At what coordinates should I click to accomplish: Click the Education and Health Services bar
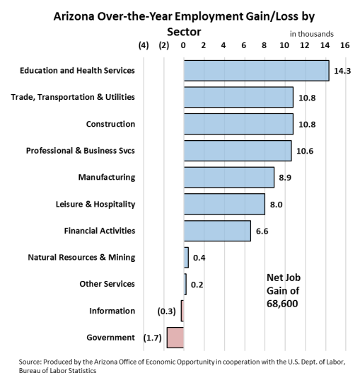pyautogui.click(x=257, y=71)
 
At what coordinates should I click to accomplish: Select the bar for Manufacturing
pyautogui.click(x=229, y=177)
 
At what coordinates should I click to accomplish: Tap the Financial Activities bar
pyautogui.click(x=217, y=231)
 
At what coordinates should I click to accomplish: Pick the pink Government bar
pyautogui.click(x=175, y=338)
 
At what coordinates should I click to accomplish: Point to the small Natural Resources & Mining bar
pyautogui.click(x=187, y=258)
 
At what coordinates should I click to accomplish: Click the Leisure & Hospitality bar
pyautogui.click(x=224, y=204)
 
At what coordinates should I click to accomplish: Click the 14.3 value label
pyautogui.click(x=342, y=71)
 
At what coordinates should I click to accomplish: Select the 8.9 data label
pyautogui.click(x=285, y=178)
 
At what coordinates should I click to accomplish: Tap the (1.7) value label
pyautogui.click(x=153, y=338)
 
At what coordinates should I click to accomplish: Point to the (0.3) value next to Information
pyautogui.click(x=167, y=311)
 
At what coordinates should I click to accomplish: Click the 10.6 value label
pyautogui.click(x=305, y=151)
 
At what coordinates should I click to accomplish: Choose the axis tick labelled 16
pyautogui.click(x=345, y=45)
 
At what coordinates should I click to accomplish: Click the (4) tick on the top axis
pyautogui.click(x=144, y=45)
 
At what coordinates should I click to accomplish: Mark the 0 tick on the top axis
pyautogui.click(x=183, y=45)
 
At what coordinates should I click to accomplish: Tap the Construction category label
pyautogui.click(x=111, y=124)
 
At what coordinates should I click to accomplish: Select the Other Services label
pyautogui.click(x=108, y=284)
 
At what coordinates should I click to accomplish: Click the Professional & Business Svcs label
pyautogui.click(x=81, y=151)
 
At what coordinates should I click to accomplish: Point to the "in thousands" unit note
pyautogui.click(x=312, y=34)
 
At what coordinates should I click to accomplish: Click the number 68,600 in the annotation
pyautogui.click(x=282, y=304)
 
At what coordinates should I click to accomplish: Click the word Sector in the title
pyautogui.click(x=184, y=32)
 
